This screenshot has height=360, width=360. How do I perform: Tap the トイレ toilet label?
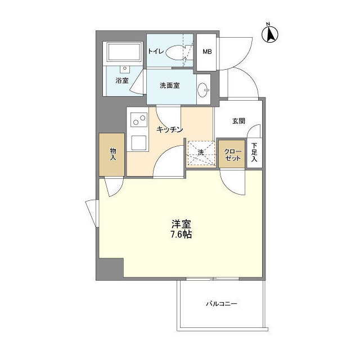click(x=156, y=52)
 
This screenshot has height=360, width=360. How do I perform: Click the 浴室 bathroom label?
click(x=121, y=80)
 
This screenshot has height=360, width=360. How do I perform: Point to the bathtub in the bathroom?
click(x=124, y=53)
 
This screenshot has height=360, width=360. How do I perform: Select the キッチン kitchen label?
click(x=170, y=129)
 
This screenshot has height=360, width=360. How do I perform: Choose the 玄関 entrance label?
click(x=238, y=120)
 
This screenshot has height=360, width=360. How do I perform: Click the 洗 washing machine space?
click(x=201, y=152)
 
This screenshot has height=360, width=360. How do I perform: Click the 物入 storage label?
click(x=113, y=154)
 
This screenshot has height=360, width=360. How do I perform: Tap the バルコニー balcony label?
click(x=221, y=304)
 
